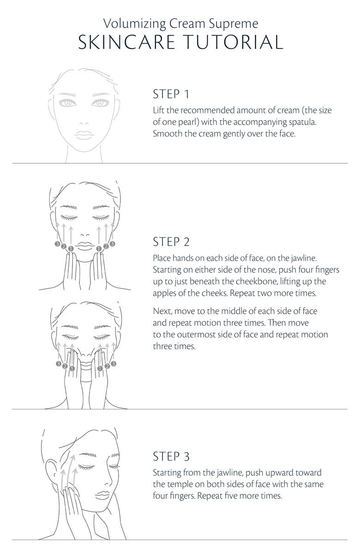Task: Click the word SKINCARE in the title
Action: click(x=126, y=42)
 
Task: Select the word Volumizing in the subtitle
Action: click(x=134, y=24)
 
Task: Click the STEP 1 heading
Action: click(x=171, y=94)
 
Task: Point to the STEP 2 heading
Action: click(x=171, y=242)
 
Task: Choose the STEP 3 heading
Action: click(x=171, y=456)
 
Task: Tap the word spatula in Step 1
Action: click(x=294, y=122)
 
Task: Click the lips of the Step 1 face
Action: click(x=84, y=135)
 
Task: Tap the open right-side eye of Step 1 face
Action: click(x=100, y=103)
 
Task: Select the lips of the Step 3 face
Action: click(x=103, y=495)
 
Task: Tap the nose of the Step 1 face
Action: click(x=84, y=123)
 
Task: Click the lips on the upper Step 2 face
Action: click(x=84, y=245)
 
